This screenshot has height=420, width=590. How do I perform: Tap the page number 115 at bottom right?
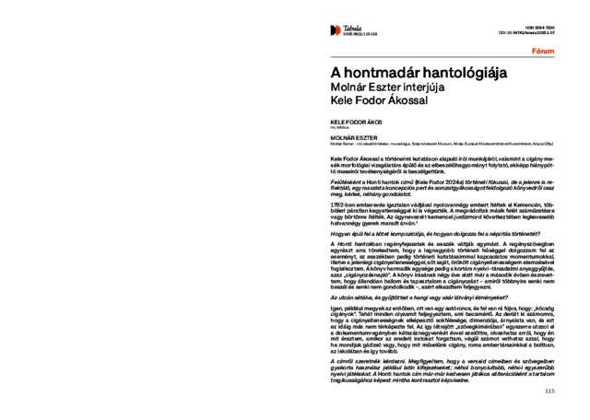click(x=549, y=391)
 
